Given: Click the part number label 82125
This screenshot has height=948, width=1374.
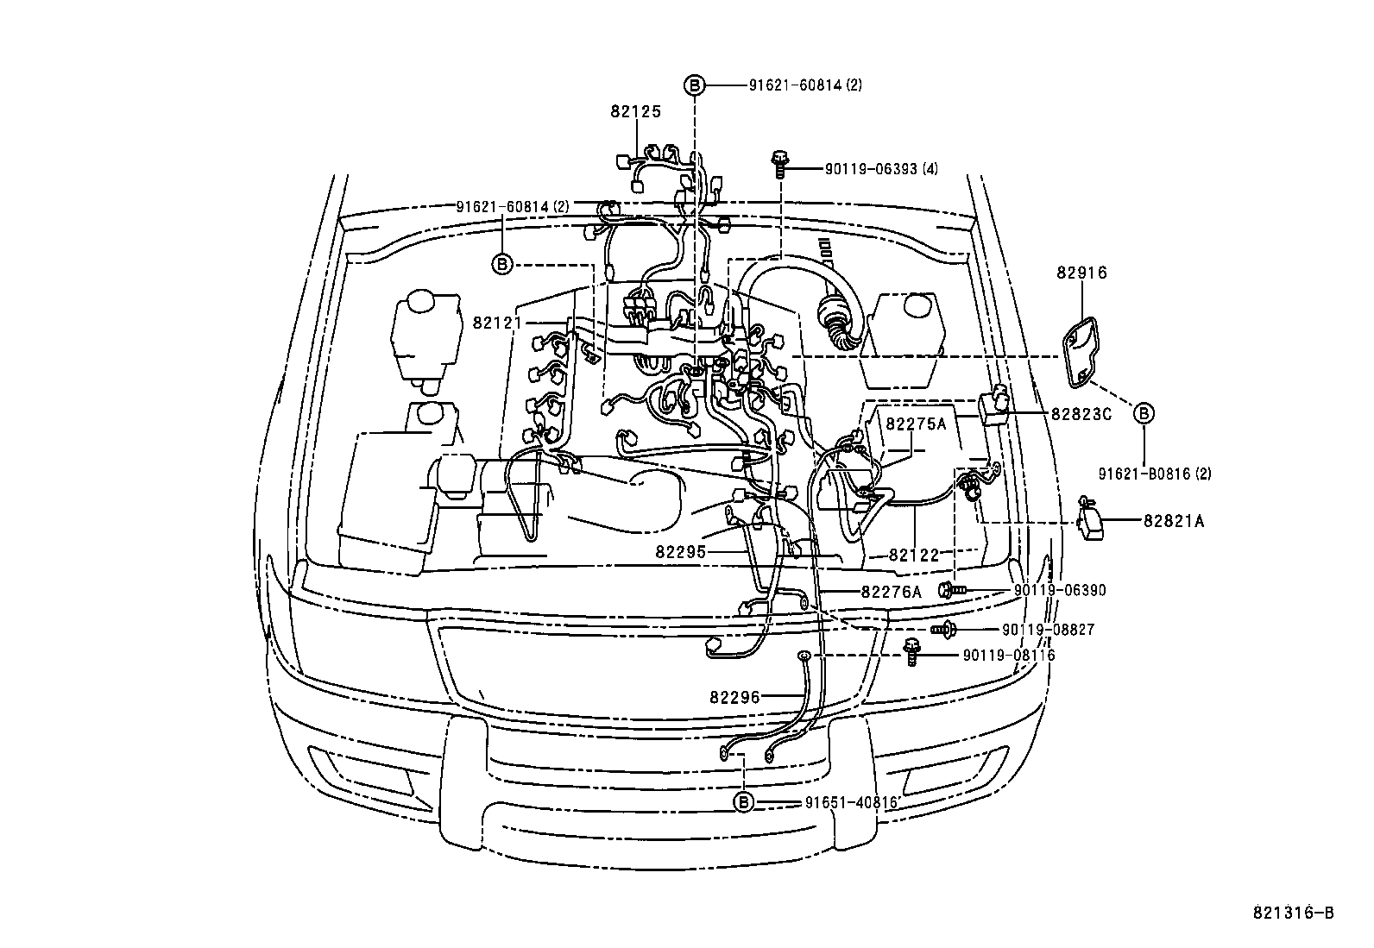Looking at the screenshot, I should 635,111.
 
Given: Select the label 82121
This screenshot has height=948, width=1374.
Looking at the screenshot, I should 498,323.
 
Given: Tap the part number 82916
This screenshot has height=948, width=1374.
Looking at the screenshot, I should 1081,273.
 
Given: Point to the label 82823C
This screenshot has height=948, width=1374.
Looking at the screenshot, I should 1081,414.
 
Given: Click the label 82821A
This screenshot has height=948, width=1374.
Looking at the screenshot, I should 1174,521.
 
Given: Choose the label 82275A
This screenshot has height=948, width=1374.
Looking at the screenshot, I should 916,424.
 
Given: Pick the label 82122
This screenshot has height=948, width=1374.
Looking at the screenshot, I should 913,556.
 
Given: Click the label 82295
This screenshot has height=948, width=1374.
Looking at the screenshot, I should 681,551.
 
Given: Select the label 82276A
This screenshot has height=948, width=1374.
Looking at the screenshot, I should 891,592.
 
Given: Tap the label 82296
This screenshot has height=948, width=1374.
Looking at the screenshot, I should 735,697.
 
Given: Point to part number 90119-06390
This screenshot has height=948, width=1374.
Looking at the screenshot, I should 1059,590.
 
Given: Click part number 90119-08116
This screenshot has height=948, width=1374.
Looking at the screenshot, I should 1009,656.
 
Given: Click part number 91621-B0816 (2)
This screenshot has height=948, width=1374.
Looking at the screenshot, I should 1155,474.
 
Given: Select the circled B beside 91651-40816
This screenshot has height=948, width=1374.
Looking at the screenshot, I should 743,802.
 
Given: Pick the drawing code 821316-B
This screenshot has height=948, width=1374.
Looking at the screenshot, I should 1294,913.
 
